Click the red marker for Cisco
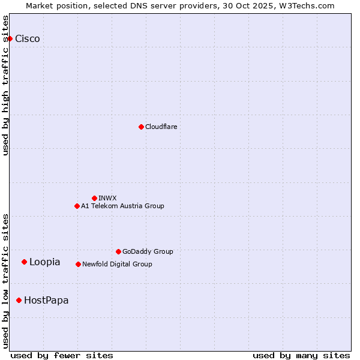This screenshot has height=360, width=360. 10,39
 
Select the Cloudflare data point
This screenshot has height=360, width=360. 141,127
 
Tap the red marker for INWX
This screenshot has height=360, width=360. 94,198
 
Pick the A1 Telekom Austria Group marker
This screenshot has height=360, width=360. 77,206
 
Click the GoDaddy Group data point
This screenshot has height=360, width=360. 118,251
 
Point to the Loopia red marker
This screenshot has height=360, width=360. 24,262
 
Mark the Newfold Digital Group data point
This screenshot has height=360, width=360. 78,264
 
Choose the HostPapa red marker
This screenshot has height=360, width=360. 19,300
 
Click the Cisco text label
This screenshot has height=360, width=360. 28,39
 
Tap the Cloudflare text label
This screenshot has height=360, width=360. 161,127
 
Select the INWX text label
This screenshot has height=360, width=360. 107,198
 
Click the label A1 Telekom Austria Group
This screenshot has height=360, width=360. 122,206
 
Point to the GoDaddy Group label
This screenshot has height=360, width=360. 148,251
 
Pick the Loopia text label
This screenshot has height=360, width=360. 45,262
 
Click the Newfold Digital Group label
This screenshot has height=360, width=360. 117,264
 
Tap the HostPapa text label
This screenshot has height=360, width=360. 46,300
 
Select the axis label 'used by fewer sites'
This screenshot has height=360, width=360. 62,355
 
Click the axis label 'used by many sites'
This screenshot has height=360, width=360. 301,355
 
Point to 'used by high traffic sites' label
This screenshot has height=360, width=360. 6,86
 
